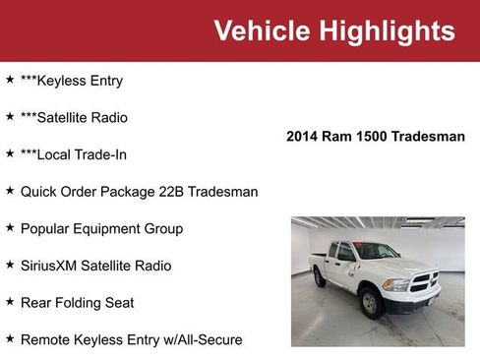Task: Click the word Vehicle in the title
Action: click(261, 30)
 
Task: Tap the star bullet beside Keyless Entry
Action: click(10, 80)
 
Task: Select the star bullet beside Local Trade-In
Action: click(10, 153)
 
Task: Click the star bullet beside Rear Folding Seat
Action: click(10, 302)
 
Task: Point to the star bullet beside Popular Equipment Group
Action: click(10, 227)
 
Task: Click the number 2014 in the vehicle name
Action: click(304, 137)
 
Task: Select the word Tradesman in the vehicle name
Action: click(428, 137)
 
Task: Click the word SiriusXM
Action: click(53, 266)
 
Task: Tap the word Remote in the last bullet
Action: click(45, 339)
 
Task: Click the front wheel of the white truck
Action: click(372, 302)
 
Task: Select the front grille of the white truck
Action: click(423, 284)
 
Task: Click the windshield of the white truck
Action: click(377, 251)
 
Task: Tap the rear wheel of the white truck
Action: click(320, 279)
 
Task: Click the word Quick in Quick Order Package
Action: click(39, 192)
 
